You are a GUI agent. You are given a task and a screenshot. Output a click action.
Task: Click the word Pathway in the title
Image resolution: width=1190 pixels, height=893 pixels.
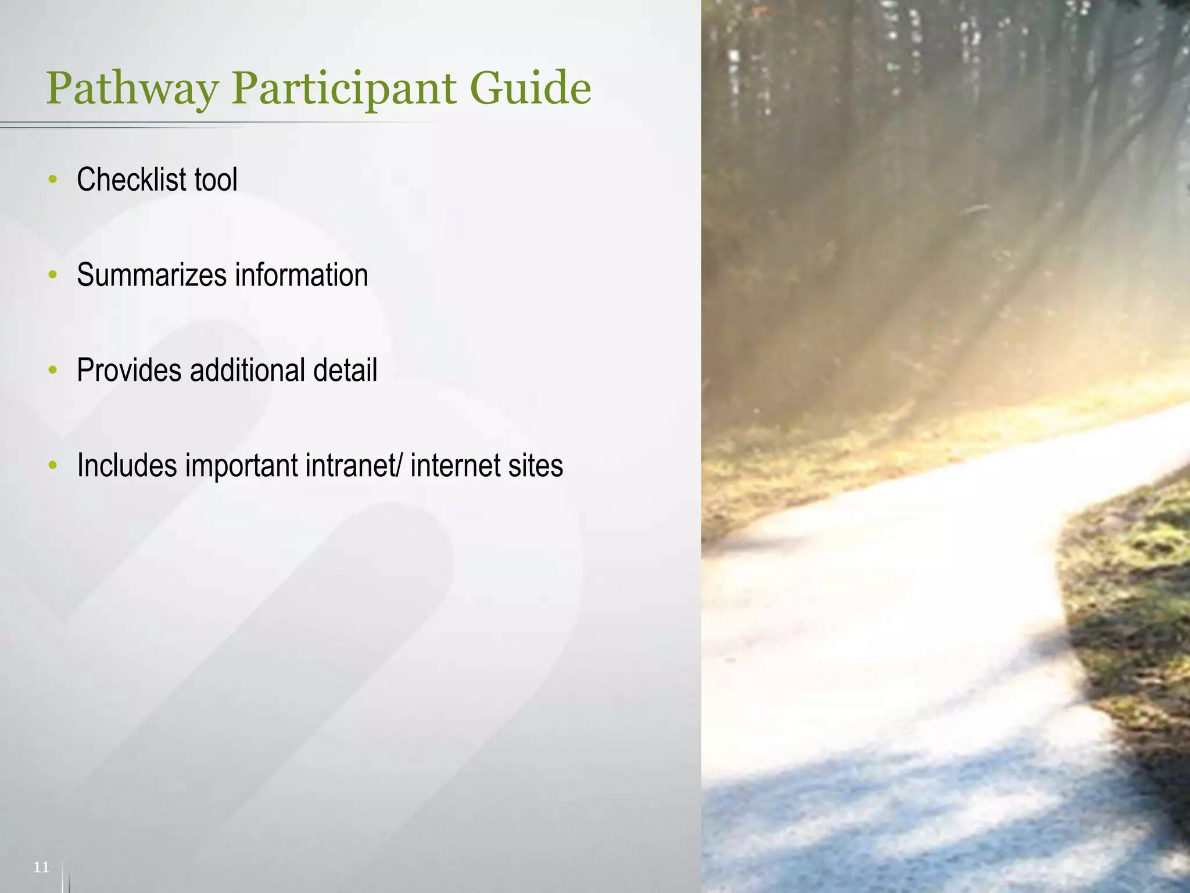coord(132,90)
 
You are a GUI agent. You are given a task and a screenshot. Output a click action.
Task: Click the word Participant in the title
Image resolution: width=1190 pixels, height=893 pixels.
coord(344,90)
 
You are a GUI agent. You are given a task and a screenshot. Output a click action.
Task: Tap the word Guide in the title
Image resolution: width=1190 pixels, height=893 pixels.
coord(530,88)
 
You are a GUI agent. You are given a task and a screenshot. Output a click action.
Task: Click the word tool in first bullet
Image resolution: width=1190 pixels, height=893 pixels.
coord(216,179)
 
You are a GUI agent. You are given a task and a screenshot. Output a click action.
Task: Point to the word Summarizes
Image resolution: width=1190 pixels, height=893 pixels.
coord(151,275)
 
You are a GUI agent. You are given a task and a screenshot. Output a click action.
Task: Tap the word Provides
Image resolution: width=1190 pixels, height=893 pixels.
coord(129,370)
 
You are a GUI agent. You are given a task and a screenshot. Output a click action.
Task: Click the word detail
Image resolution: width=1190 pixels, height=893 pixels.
coord(345,370)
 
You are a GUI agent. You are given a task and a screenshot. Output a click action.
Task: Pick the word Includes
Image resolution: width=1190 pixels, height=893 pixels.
coord(127,466)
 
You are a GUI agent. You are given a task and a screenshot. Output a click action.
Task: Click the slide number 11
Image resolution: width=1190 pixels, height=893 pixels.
coord(41,867)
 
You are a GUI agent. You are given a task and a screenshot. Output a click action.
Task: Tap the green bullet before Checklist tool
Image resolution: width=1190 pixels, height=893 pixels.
coord(53,180)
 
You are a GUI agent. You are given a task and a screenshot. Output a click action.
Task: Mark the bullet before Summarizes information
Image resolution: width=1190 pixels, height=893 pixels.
coord(53,275)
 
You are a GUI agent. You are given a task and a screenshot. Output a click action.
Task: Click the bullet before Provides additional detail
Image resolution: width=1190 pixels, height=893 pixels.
coord(53,370)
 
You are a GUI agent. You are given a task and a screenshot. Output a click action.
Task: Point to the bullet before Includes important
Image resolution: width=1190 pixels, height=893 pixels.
coord(53,466)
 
